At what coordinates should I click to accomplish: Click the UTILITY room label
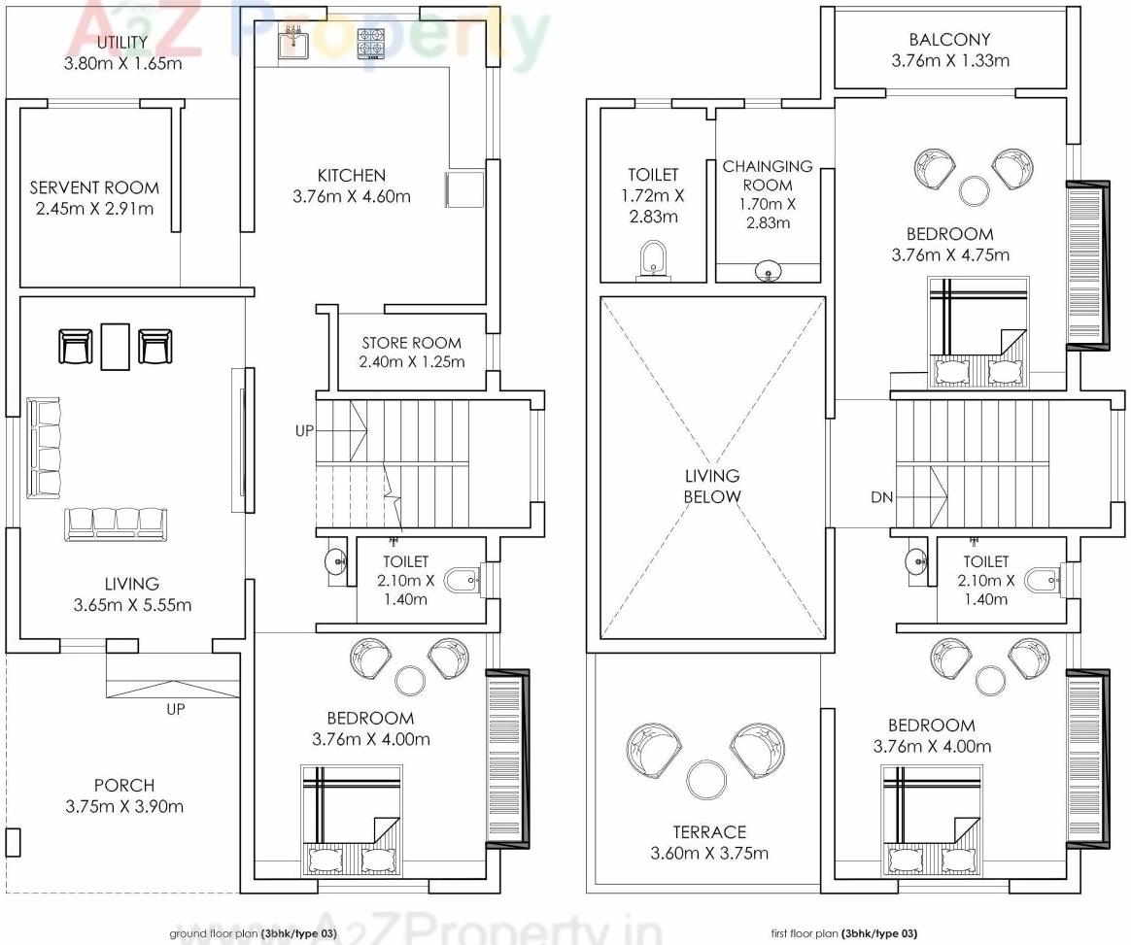(122, 43)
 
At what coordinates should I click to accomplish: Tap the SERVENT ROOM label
(94, 187)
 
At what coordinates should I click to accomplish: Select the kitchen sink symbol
(292, 43)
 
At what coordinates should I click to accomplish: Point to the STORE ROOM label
(411, 343)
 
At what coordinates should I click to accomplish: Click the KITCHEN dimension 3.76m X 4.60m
(351, 196)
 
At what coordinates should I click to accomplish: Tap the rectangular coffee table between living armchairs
(116, 346)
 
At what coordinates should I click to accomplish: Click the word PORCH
(124, 785)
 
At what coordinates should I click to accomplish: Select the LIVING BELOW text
(712, 486)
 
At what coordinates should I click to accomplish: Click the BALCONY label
(949, 40)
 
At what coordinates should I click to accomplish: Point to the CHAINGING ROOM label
(767, 176)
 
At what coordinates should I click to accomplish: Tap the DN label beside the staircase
(881, 497)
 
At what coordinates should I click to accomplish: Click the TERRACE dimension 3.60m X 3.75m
(709, 854)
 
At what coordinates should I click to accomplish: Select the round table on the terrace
(704, 779)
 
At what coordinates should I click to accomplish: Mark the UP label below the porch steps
(175, 709)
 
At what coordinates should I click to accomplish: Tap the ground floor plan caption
(254, 933)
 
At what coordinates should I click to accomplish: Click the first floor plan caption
(843, 933)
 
